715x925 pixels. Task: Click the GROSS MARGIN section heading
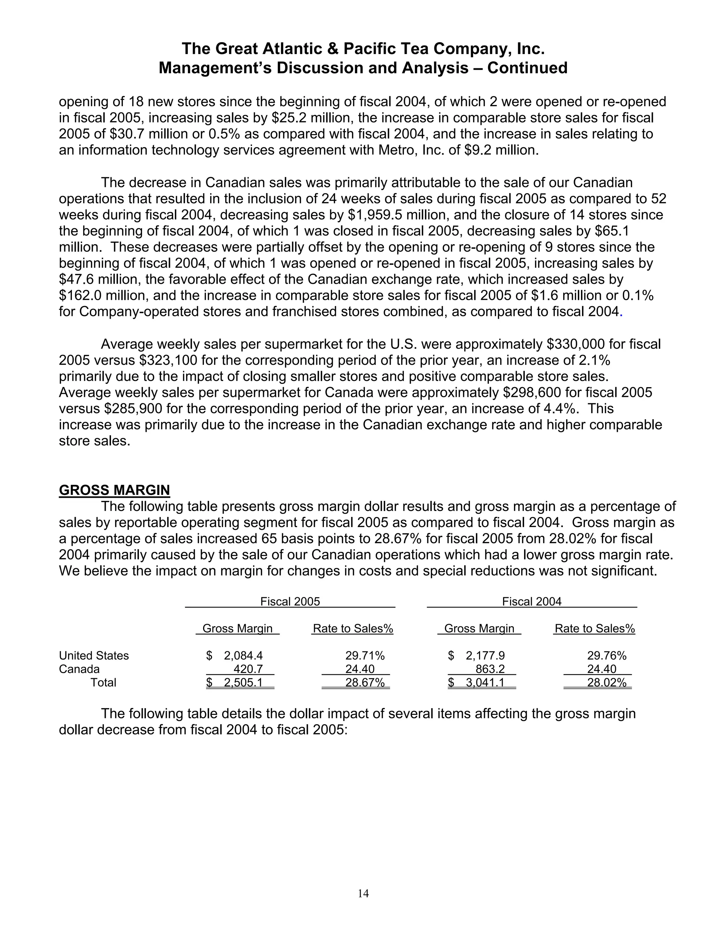(x=115, y=490)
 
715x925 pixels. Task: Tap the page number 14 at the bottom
(x=363, y=893)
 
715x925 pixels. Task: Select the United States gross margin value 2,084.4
(x=243, y=656)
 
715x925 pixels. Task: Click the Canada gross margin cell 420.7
(x=248, y=669)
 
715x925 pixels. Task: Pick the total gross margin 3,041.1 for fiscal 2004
(x=485, y=683)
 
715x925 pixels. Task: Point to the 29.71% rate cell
(x=365, y=656)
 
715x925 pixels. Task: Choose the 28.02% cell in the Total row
(x=606, y=683)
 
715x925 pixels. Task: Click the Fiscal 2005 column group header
(x=290, y=601)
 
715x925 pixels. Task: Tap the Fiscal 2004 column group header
(x=532, y=601)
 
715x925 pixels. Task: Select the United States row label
(x=94, y=656)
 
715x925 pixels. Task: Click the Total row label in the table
(x=103, y=683)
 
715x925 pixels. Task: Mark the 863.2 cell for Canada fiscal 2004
(x=490, y=669)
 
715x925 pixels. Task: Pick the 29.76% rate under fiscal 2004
(x=606, y=656)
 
